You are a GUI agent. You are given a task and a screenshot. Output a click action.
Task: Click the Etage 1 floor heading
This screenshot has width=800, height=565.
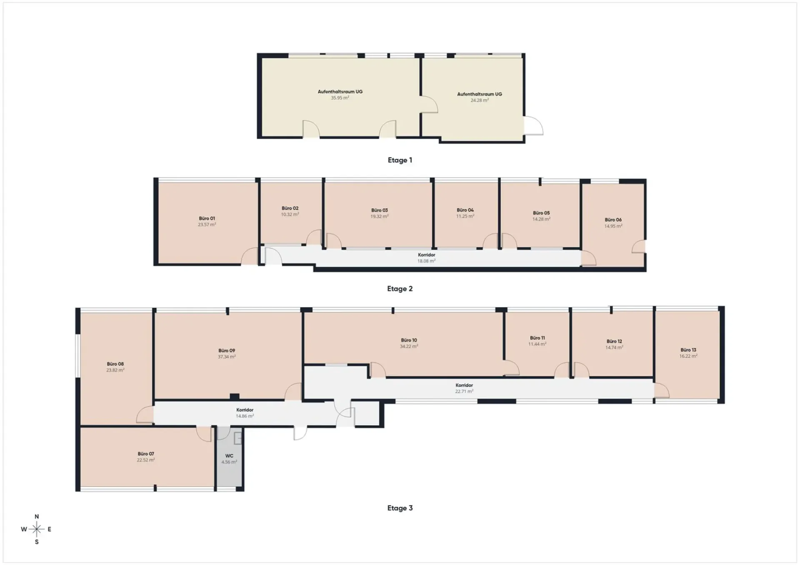pyautogui.click(x=400, y=160)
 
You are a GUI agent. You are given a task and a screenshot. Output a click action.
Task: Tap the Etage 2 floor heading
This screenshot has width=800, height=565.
pyautogui.click(x=400, y=289)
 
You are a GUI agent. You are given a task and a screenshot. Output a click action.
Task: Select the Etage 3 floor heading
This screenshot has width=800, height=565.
pyautogui.click(x=400, y=508)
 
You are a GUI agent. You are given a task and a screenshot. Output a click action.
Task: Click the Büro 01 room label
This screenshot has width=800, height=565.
pyautogui.click(x=207, y=218)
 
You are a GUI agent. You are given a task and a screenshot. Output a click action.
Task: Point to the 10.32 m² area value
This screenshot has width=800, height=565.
pyautogui.click(x=290, y=214)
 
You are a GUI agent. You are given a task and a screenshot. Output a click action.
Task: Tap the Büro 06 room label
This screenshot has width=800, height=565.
pyautogui.click(x=613, y=220)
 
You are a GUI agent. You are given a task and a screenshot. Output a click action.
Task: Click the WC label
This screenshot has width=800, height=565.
pyautogui.click(x=229, y=456)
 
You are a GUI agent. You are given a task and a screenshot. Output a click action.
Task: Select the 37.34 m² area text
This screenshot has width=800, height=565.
pyautogui.click(x=227, y=357)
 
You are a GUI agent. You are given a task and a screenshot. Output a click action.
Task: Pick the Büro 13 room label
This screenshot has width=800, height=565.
pyautogui.click(x=688, y=350)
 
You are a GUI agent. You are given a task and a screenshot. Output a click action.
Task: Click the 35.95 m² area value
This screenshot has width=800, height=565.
pyautogui.click(x=340, y=98)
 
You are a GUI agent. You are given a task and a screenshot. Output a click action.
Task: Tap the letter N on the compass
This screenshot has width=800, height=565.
pyautogui.click(x=37, y=517)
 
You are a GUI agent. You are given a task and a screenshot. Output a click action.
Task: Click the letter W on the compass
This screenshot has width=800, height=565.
pyautogui.click(x=24, y=530)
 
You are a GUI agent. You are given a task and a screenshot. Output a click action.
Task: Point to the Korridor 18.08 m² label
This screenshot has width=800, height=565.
pyautogui.click(x=427, y=258)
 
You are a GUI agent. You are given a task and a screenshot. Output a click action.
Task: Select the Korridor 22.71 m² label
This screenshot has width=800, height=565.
pyautogui.click(x=464, y=388)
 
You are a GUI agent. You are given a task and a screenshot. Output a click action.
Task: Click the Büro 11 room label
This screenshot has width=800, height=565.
pyautogui.click(x=537, y=338)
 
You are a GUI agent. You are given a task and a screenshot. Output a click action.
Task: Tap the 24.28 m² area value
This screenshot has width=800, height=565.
pyautogui.click(x=480, y=100)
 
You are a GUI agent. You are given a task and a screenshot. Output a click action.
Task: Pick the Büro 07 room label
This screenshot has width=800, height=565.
pyautogui.click(x=146, y=454)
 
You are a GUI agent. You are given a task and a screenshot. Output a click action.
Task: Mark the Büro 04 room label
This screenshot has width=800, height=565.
pyautogui.click(x=465, y=210)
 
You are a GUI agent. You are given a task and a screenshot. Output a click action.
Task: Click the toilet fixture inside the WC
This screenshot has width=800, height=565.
pyautogui.click(x=238, y=438)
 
